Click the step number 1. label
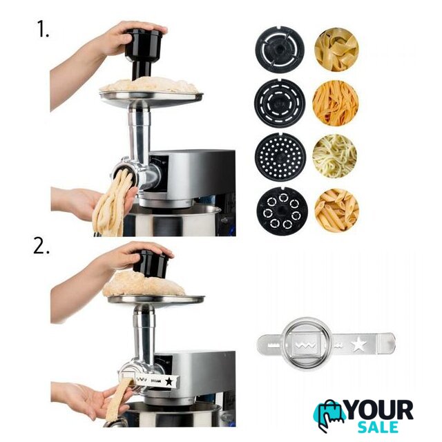[43, 29]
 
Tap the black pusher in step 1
[142, 53]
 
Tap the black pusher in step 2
[150, 263]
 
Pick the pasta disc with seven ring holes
[282, 212]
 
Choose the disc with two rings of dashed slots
[280, 102]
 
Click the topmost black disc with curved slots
[280, 50]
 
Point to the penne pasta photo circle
[336, 210]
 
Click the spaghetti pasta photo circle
[334, 156]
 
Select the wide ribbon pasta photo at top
[336, 50]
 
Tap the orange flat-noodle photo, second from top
[335, 102]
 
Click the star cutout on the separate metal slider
[360, 344]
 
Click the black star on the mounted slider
[169, 382]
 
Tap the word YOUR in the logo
[379, 410]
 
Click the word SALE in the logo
[378, 427]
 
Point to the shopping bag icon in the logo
[330, 415]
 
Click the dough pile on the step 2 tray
[144, 283]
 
